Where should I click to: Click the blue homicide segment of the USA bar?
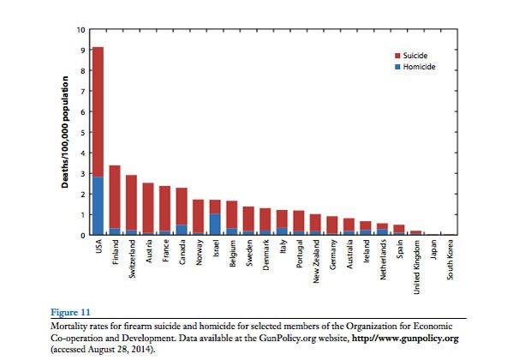tap(98, 206)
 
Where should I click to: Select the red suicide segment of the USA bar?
tap(98, 111)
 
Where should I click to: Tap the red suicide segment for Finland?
tap(115, 197)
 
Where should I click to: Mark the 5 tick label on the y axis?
tap(82, 133)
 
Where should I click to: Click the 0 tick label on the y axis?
tap(82, 235)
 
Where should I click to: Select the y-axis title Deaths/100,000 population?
tap(64, 133)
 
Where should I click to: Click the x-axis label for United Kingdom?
tap(416, 266)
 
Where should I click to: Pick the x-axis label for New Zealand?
tap(315, 262)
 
